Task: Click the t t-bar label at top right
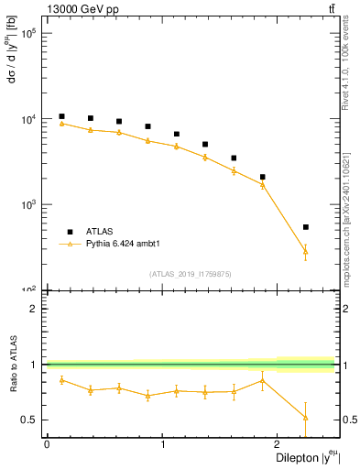(x=331, y=9)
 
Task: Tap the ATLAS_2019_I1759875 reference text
(x=191, y=274)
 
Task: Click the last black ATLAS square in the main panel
(x=305, y=227)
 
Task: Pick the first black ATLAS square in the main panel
(x=61, y=116)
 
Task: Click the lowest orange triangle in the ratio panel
(x=305, y=417)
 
